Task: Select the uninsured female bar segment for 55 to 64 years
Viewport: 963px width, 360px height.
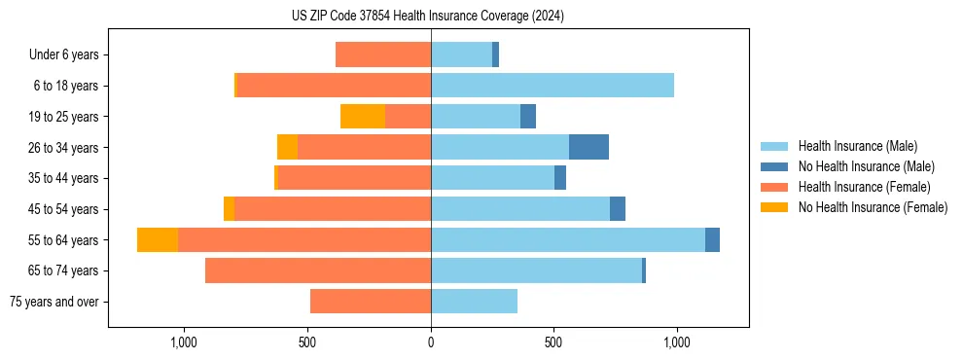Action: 158,239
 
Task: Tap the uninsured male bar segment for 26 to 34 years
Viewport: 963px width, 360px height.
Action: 588,147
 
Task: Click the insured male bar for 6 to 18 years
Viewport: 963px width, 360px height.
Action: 553,86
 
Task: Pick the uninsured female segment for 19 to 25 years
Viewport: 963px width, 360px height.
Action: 363,117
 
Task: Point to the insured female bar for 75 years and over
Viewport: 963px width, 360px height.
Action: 371,302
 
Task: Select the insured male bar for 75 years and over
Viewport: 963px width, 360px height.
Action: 474,302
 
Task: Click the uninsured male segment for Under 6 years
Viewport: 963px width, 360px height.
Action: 495,54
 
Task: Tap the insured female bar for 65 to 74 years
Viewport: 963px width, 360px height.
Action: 318,270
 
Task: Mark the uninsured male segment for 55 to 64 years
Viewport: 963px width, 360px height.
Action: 712,239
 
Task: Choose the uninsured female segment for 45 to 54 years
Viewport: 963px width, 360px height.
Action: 229,209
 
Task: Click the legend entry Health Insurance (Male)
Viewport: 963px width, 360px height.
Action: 857,146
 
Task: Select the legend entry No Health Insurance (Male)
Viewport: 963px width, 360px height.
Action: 866,166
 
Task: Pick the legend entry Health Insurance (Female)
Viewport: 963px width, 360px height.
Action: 864,187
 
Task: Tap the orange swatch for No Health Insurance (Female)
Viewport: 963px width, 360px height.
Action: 774,207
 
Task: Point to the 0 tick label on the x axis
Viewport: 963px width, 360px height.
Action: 431,342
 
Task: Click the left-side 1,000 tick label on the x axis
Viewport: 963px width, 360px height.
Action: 184,342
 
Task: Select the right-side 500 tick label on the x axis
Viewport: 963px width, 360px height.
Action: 553,342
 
